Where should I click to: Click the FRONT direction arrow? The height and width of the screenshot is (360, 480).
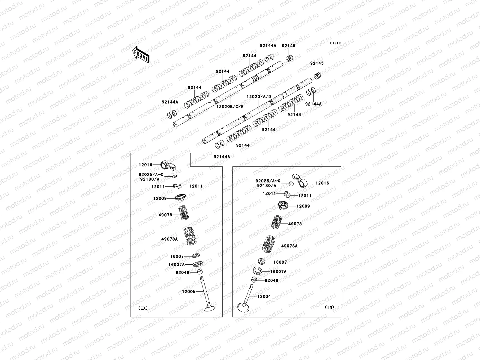[141, 54]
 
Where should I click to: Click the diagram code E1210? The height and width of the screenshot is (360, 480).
[335, 43]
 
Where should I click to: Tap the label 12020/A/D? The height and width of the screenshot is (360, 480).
[259, 97]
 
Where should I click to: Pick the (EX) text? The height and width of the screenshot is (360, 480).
[143, 308]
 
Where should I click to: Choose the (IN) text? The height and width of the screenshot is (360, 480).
[329, 307]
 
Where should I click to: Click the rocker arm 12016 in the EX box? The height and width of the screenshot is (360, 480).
[166, 164]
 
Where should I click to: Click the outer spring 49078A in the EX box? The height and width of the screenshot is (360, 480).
[189, 239]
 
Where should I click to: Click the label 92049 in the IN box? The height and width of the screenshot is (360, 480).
[271, 280]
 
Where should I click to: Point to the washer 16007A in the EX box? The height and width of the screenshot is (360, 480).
[198, 264]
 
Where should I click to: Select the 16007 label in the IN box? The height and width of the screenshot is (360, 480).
[280, 262]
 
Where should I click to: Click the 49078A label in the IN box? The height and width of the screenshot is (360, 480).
[289, 246]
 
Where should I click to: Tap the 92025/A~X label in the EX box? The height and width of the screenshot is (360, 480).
[151, 175]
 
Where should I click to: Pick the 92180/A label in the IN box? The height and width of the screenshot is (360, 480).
[267, 186]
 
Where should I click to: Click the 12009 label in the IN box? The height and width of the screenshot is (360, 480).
[303, 206]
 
